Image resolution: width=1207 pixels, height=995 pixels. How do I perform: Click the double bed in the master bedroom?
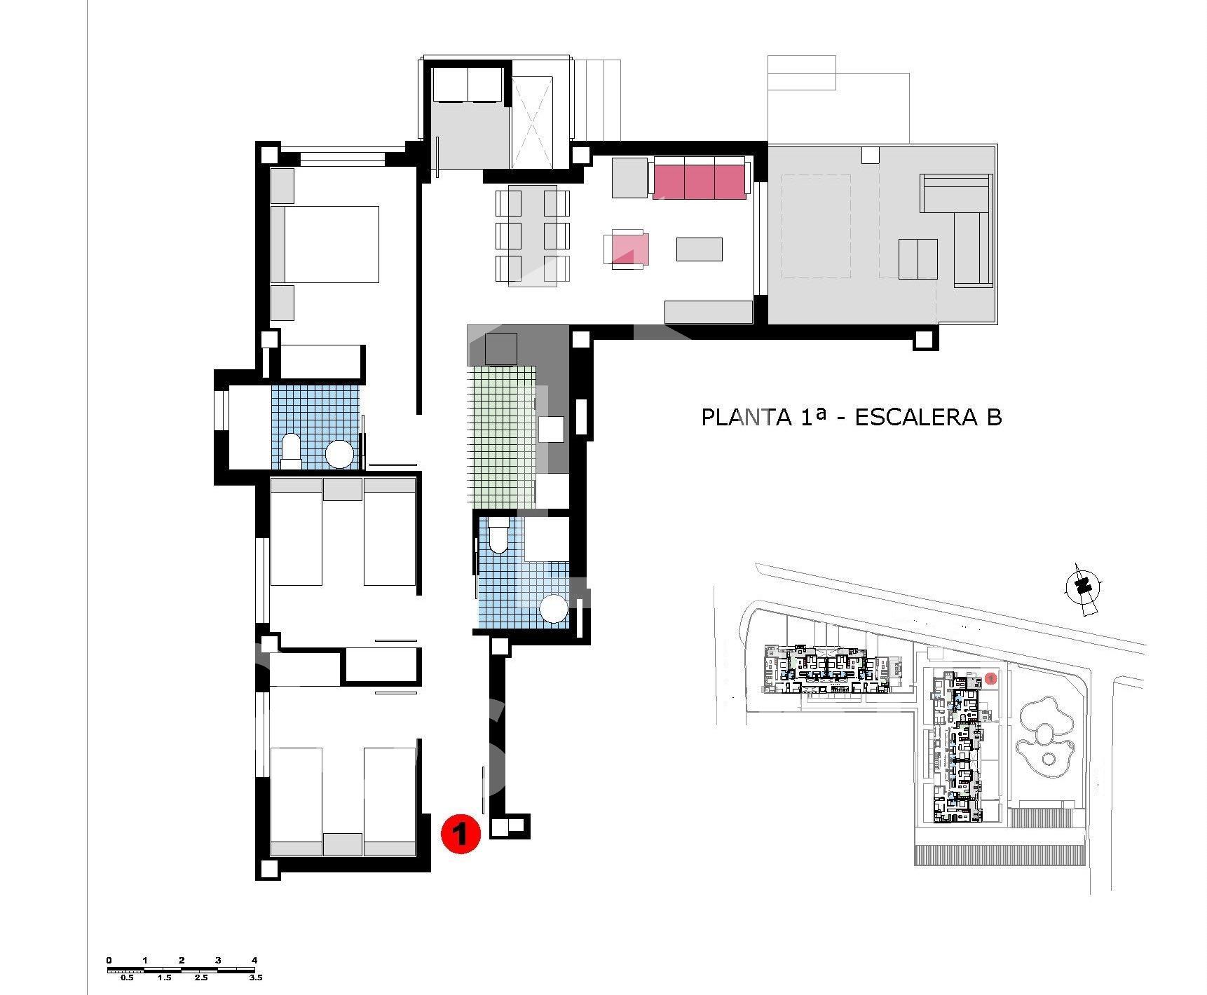325,244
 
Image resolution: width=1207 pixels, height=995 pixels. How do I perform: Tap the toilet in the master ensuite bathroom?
291,452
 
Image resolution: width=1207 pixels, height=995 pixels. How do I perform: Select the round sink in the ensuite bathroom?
340,454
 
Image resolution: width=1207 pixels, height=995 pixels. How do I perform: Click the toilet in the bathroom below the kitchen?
498,535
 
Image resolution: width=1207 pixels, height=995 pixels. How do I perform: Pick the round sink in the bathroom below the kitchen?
554,608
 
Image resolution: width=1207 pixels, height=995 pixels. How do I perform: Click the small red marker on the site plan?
990,678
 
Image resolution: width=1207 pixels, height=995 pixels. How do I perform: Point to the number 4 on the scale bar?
254,960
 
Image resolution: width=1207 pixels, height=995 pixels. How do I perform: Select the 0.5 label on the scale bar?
127,977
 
